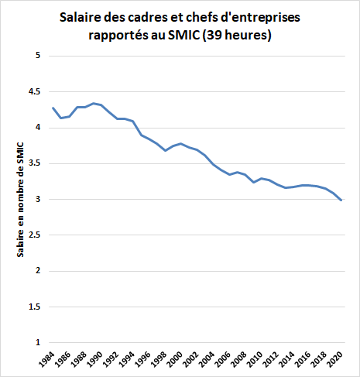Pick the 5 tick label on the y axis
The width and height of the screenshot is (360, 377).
[x=36, y=56]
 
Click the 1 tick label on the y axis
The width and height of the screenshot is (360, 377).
[x=36, y=342]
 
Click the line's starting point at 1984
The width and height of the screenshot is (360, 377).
[x=53, y=108]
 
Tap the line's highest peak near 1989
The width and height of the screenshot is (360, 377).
[x=93, y=103]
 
